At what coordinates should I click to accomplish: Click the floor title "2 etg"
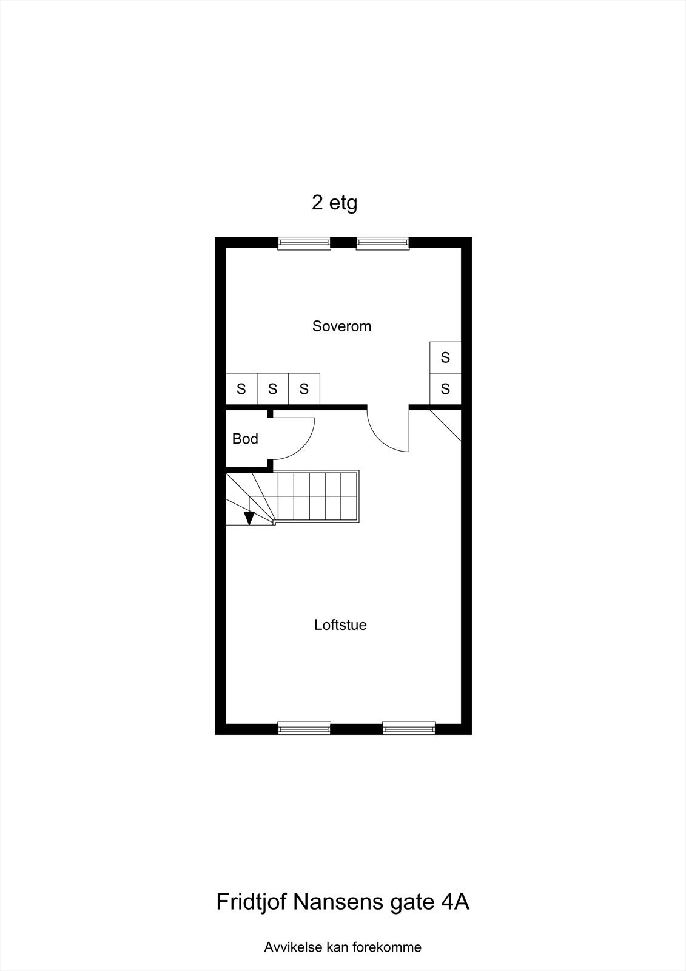tap(334, 203)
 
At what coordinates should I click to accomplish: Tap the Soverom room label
tap(341, 326)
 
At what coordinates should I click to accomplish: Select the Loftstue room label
tap(340, 625)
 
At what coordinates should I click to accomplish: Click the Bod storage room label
tap(245, 439)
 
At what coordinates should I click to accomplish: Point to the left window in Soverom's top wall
tap(304, 243)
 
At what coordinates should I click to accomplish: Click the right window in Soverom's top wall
tap(383, 243)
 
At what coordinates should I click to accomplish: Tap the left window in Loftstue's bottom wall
tap(304, 728)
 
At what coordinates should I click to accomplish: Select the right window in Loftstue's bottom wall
tap(409, 728)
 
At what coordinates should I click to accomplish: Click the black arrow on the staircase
tap(249, 518)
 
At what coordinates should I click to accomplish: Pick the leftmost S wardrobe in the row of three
tap(241, 389)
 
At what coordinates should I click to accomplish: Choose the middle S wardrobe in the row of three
tap(273, 389)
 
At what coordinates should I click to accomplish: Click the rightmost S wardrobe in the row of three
tap(304, 389)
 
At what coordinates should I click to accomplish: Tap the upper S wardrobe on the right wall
tap(445, 357)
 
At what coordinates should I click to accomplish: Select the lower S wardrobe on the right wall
tap(445, 389)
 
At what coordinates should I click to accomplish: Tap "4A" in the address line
tap(455, 902)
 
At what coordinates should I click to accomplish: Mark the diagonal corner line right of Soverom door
tap(446, 425)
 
